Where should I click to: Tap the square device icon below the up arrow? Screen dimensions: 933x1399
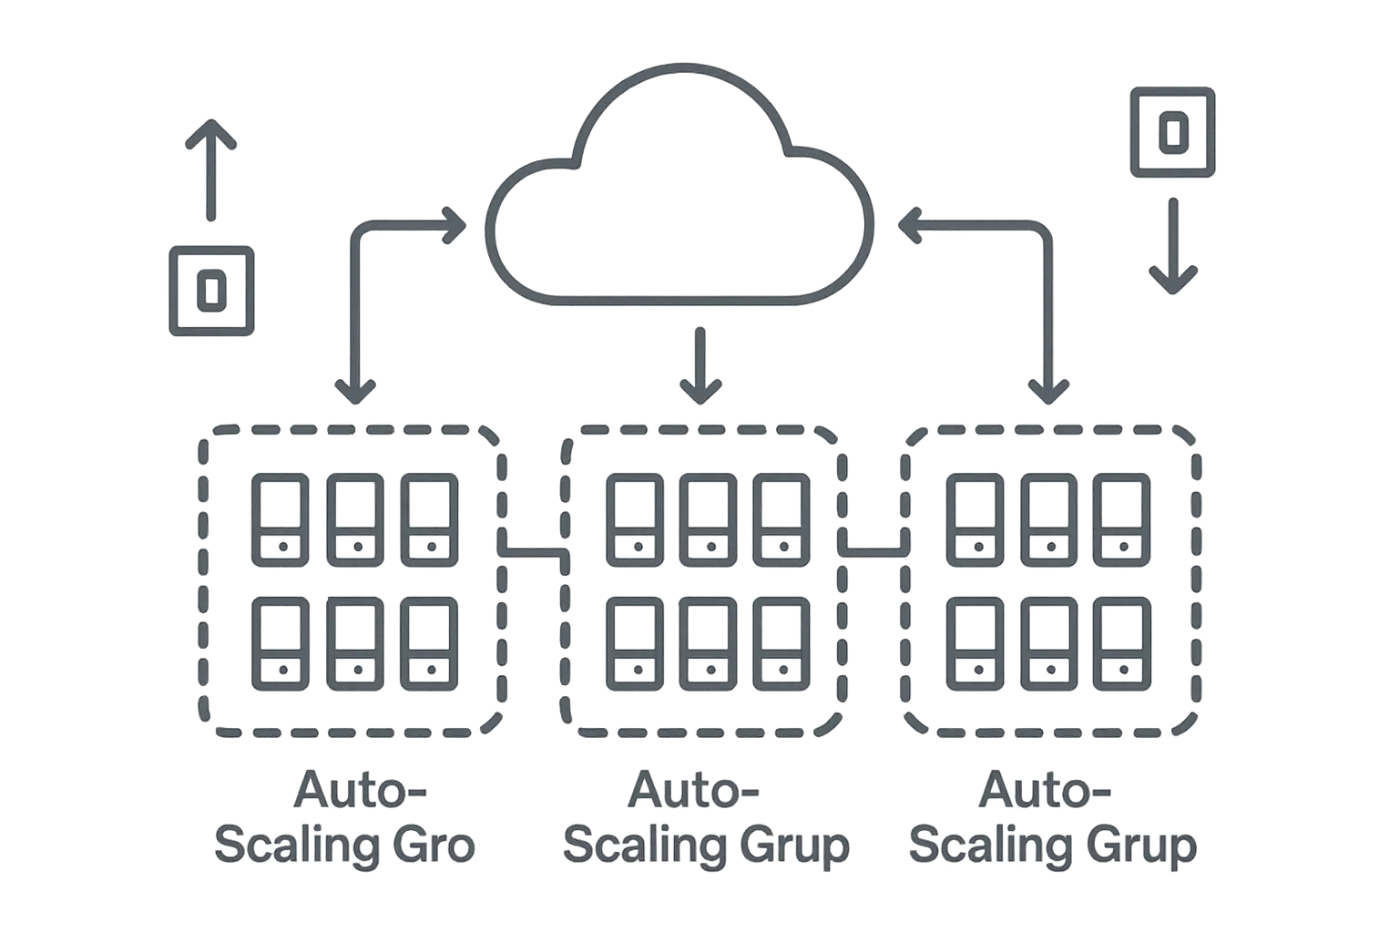tap(211, 291)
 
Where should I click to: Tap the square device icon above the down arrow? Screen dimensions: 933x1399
tap(1172, 131)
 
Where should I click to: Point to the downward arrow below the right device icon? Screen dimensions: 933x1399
tap(1172, 246)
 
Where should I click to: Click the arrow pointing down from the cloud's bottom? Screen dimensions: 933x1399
tap(699, 364)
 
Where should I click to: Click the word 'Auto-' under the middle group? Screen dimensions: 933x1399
tap(694, 790)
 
